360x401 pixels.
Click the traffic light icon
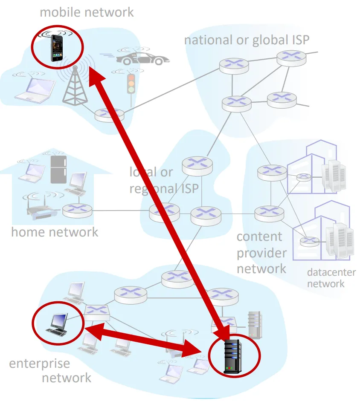click(131, 84)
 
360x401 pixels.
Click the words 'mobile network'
click(87, 12)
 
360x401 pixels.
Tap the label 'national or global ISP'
click(247, 40)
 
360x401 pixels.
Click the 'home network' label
click(55, 232)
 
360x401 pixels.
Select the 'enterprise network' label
click(50, 370)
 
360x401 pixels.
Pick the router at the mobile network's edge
click(109, 114)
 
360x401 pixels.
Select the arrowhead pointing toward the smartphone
click(96, 77)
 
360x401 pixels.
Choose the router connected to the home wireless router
click(77, 210)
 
